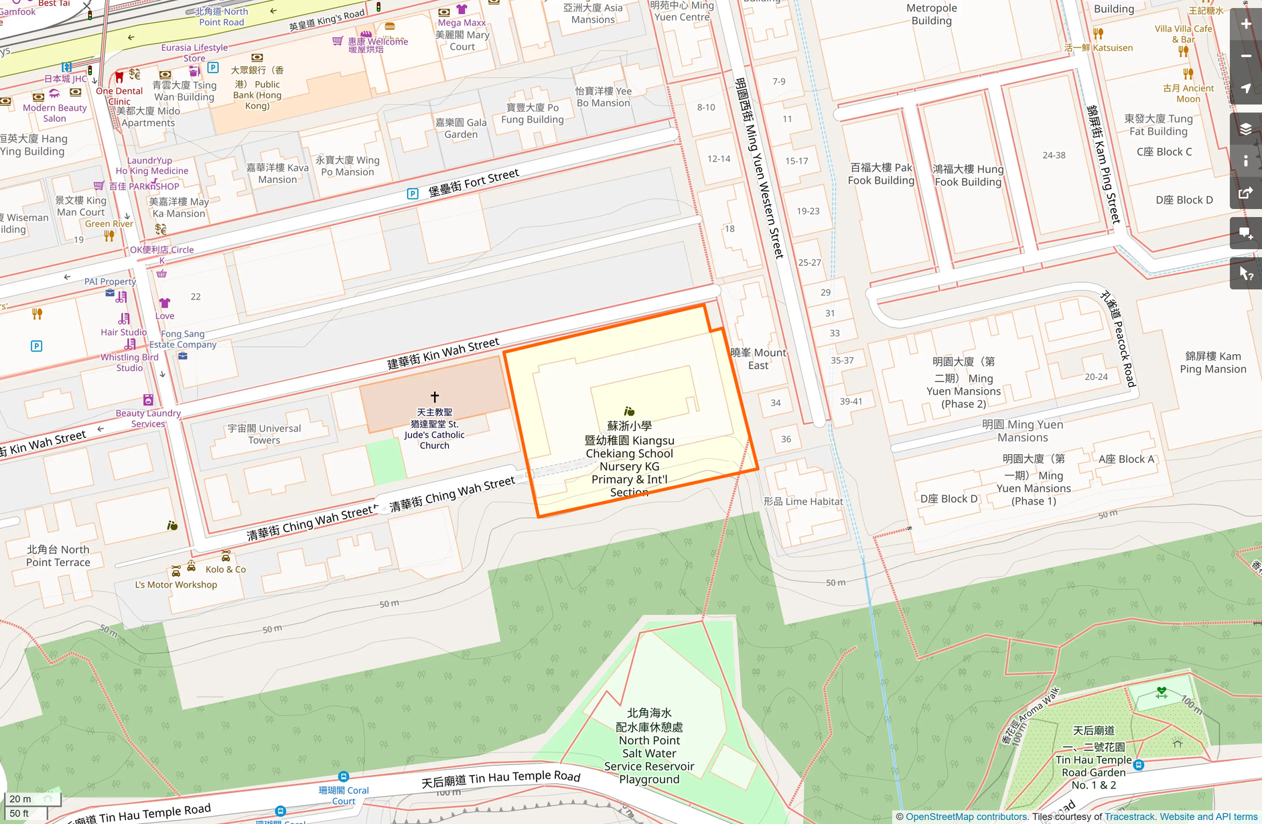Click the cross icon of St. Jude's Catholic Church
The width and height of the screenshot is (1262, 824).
click(x=435, y=397)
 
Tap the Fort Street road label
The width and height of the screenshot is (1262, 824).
click(x=474, y=182)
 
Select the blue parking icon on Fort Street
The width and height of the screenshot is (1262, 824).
click(x=413, y=194)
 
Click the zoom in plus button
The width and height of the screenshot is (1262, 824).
click(x=1246, y=24)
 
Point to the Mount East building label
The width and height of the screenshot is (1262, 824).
click(x=758, y=359)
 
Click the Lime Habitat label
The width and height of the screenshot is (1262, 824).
click(x=803, y=501)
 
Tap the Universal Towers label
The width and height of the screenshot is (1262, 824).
click(x=265, y=434)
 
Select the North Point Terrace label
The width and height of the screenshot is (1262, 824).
click(x=58, y=555)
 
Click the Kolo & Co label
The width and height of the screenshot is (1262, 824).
click(x=226, y=569)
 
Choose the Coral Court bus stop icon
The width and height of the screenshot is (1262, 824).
click(x=344, y=776)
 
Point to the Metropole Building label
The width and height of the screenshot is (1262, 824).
click(x=931, y=14)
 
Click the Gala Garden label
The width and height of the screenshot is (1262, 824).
click(x=461, y=128)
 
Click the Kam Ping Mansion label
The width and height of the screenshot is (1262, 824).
click(x=1212, y=362)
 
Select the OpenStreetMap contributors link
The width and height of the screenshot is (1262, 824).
click(x=966, y=817)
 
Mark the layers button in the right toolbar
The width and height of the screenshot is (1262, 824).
click(x=1246, y=129)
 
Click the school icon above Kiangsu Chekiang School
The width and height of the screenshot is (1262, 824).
click(x=629, y=411)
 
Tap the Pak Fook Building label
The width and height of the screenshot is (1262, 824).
click(x=881, y=174)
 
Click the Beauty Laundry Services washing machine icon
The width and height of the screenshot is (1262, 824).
click(x=148, y=400)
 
